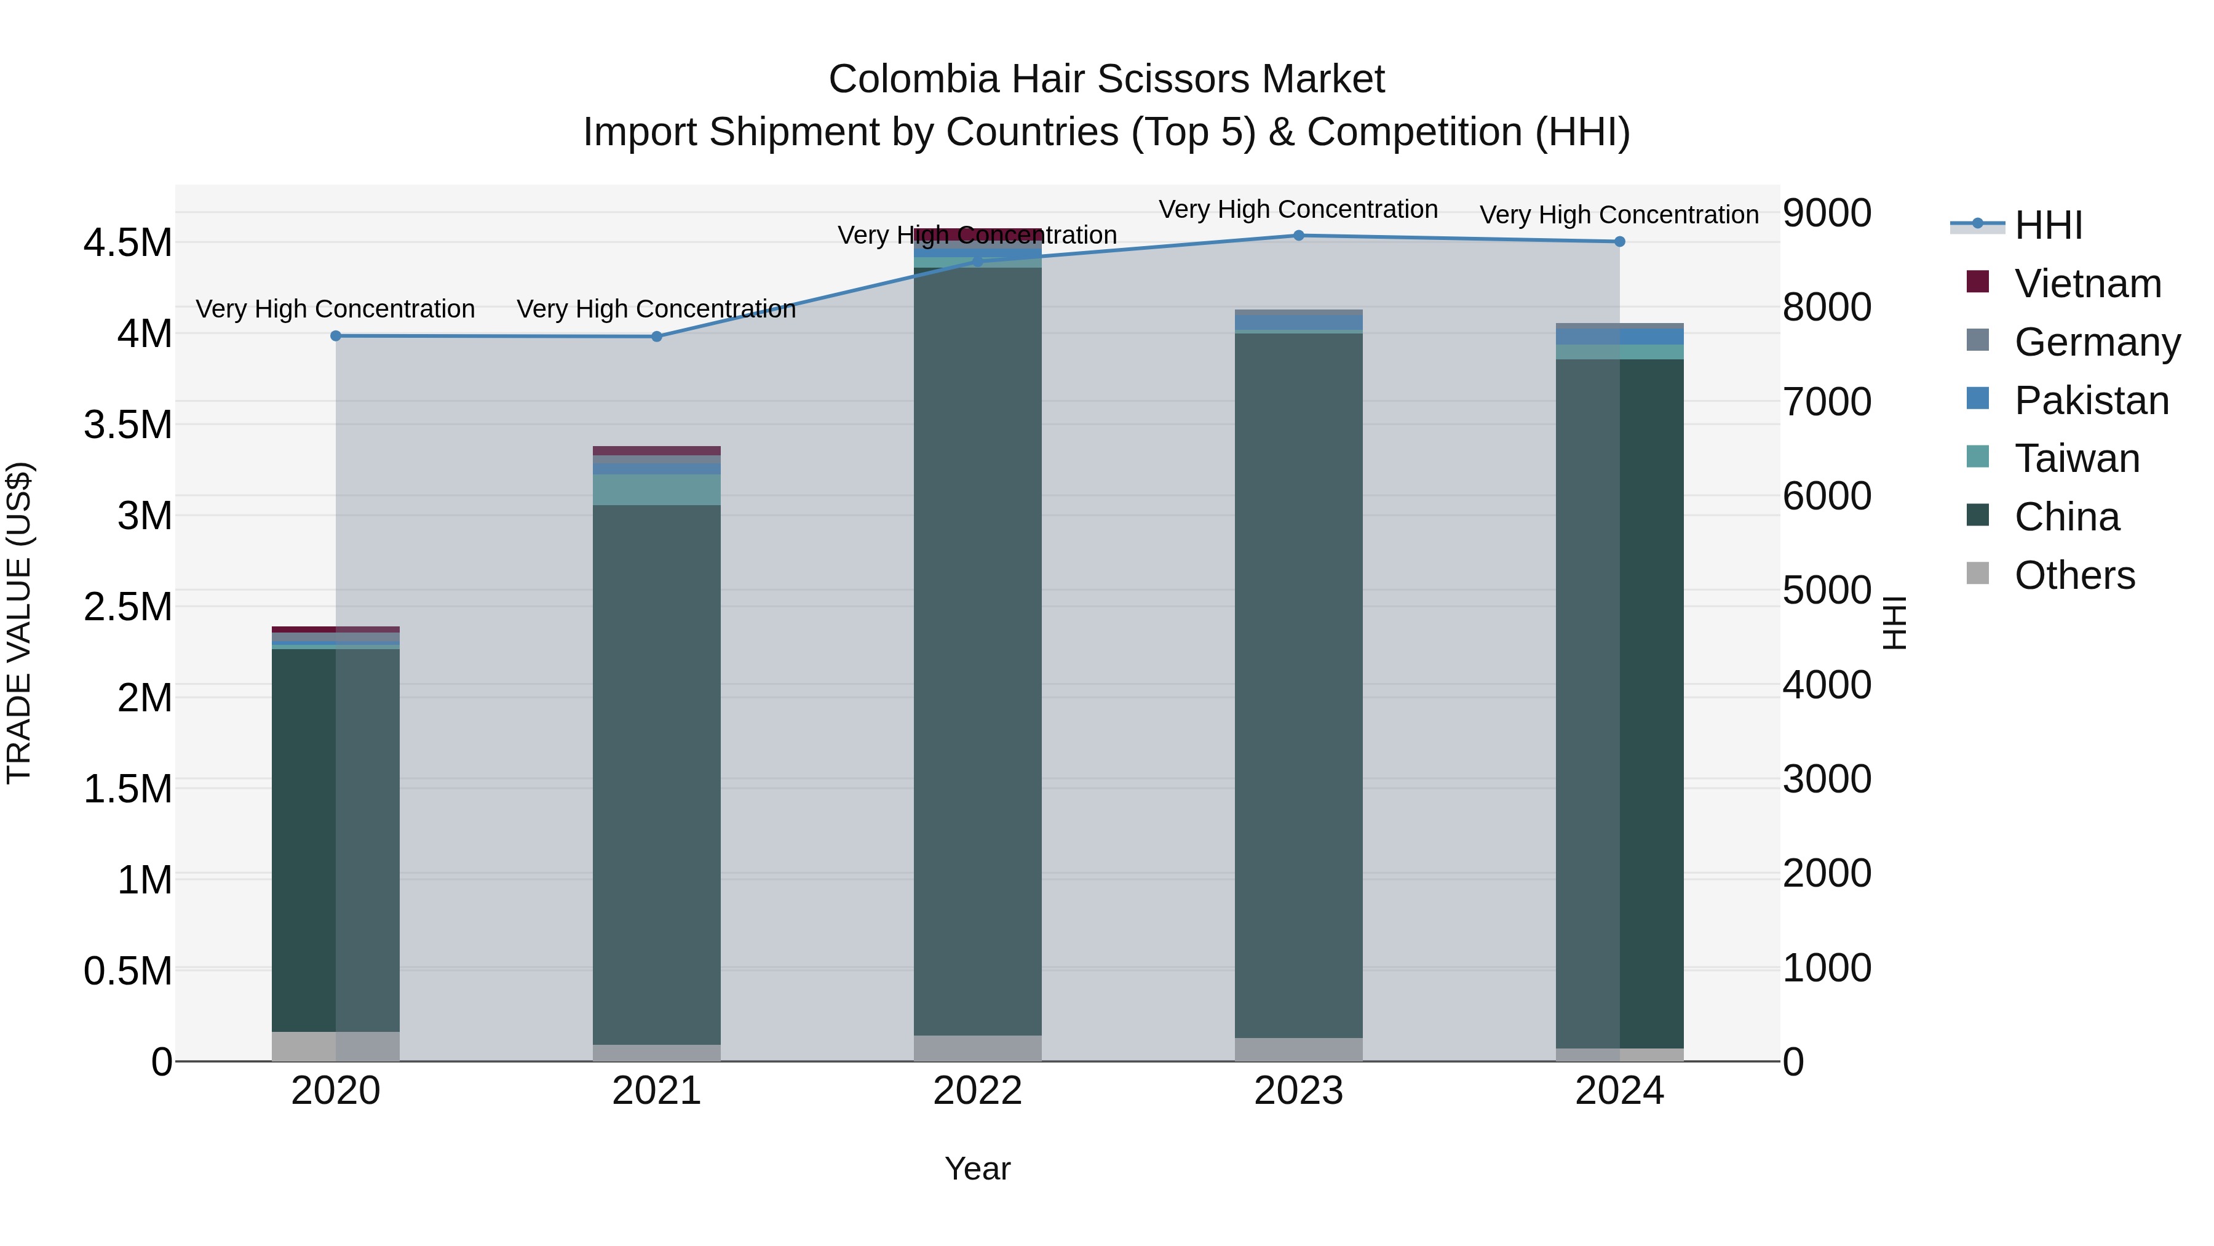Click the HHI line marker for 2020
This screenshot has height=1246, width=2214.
pyautogui.click(x=336, y=335)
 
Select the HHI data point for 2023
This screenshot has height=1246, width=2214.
pyautogui.click(x=1299, y=236)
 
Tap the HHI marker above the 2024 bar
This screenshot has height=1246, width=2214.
pyautogui.click(x=1619, y=242)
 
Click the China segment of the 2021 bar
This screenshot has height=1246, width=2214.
pyautogui.click(x=657, y=774)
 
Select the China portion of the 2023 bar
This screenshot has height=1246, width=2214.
pyautogui.click(x=1299, y=688)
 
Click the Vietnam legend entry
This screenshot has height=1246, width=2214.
pyautogui.click(x=2087, y=284)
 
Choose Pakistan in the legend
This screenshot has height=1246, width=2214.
pyautogui.click(x=2090, y=401)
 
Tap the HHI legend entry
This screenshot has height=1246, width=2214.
pyautogui.click(x=2047, y=225)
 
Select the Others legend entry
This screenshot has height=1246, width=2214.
pyautogui.click(x=2073, y=575)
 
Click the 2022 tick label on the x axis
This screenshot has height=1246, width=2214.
pyautogui.click(x=977, y=1091)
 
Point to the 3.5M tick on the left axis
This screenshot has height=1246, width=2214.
pyautogui.click(x=127, y=425)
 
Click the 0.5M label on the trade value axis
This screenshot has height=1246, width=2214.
pyautogui.click(x=127, y=971)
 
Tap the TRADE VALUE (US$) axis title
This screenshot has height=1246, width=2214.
pyautogui.click(x=19, y=623)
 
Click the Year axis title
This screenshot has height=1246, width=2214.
pyautogui.click(x=977, y=1168)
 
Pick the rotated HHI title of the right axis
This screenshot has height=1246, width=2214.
pyautogui.click(x=1894, y=623)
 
